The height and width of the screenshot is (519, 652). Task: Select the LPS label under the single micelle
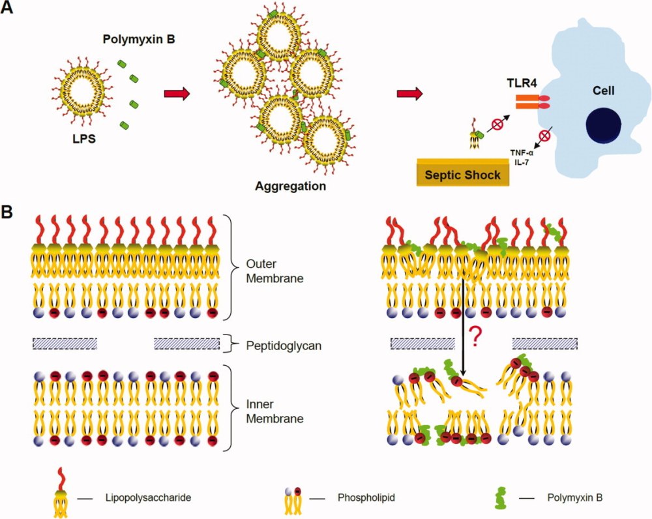click(83, 139)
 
